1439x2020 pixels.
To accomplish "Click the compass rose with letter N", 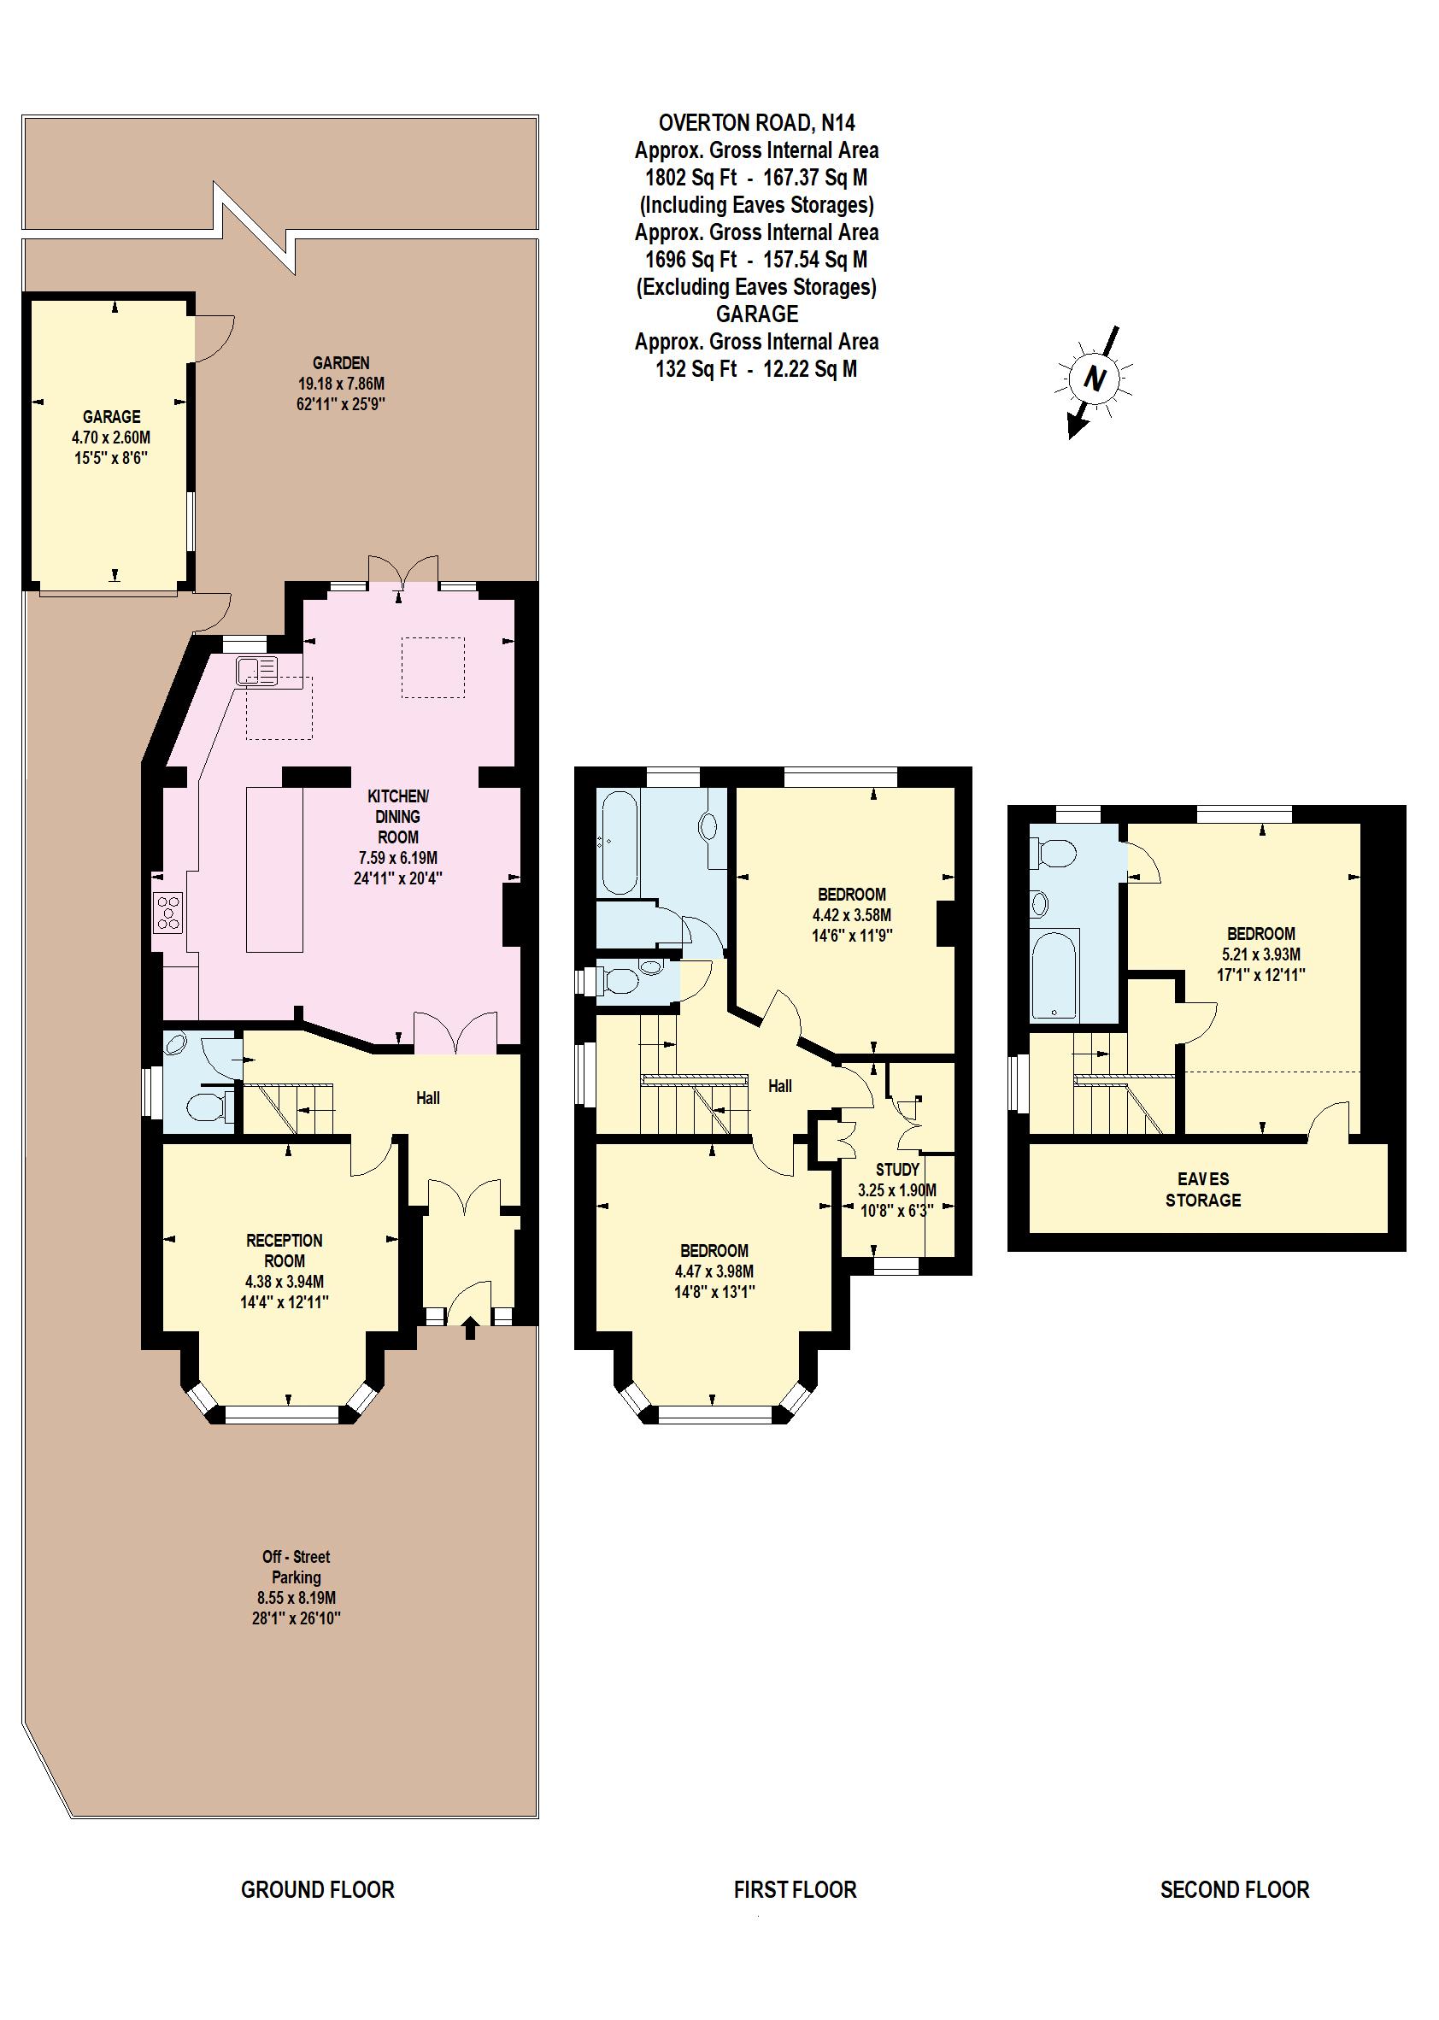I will pos(1095,380).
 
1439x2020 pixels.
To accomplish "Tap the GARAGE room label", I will pos(112,416).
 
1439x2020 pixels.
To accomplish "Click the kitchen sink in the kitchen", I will pos(256,671).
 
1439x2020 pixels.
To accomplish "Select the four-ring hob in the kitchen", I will pos(169,913).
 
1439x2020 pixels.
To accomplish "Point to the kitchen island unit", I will pos(273,868).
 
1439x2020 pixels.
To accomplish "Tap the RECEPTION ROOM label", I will pos(285,1250).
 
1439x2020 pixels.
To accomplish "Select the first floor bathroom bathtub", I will pos(617,843).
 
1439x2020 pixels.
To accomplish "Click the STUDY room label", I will pos(896,1170).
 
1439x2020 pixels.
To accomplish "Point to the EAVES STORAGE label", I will pos(1202,1189).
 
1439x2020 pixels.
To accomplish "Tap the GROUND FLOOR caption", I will pos(317,1889).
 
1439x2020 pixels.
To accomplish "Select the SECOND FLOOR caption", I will pos(1234,1889).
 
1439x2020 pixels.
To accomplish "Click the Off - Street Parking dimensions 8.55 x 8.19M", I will pos(297,1597).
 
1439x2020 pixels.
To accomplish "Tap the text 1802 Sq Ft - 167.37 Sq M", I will pos(756,177).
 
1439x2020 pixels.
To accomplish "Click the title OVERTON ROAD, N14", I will pos(756,122).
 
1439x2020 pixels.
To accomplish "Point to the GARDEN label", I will pos(340,362).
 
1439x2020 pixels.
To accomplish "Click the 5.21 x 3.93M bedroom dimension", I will pos(1261,954).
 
